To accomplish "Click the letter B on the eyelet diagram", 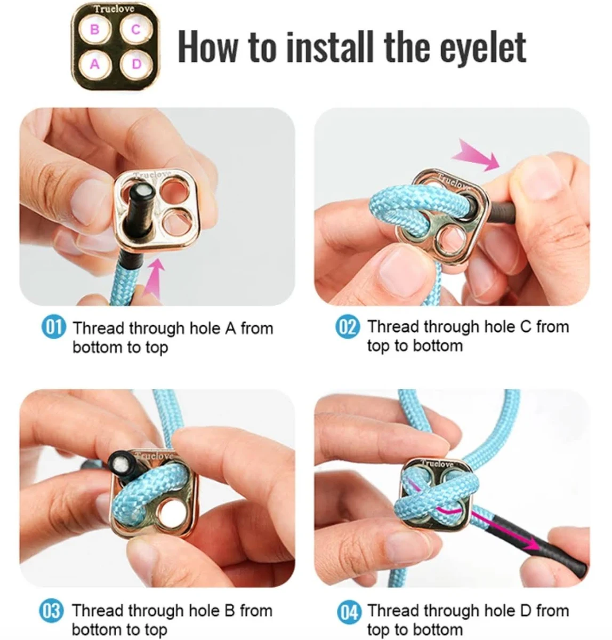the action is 94,30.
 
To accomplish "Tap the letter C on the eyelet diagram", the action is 136,30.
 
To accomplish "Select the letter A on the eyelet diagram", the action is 95,64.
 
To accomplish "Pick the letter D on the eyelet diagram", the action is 136,64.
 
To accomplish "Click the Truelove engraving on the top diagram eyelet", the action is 114,9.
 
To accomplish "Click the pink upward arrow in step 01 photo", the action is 154,278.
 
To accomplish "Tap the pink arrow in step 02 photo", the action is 476,155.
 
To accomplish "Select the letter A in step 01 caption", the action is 230,329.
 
